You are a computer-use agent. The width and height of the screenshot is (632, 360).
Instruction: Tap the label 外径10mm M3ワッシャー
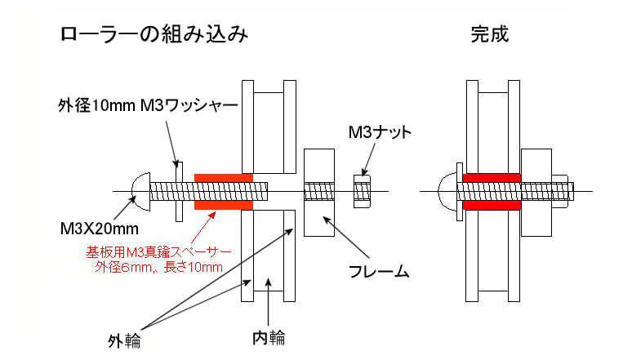pos(148,106)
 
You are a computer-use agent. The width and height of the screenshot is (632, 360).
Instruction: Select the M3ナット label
pos(379,131)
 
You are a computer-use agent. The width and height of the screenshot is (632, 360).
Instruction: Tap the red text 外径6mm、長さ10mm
pos(158,266)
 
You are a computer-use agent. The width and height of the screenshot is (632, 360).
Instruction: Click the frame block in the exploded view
pos(319,192)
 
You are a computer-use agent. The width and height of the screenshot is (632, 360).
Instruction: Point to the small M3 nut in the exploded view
pos(363,192)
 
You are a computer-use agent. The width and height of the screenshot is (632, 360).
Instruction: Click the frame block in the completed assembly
pos(536,192)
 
